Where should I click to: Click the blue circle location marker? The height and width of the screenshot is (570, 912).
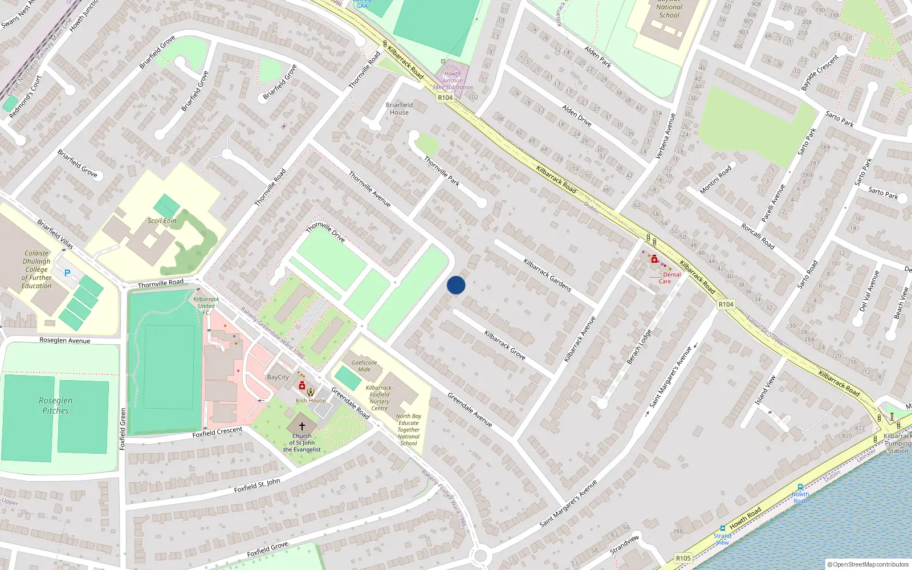pyautogui.click(x=456, y=285)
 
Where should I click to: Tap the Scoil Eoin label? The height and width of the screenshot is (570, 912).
pyautogui.click(x=162, y=221)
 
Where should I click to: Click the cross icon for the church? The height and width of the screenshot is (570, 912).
pyautogui.click(x=302, y=426)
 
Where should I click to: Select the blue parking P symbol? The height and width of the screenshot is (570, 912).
pyautogui.click(x=67, y=273)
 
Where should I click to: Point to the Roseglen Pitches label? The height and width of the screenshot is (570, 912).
pyautogui.click(x=55, y=405)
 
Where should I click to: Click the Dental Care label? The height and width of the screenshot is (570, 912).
pyautogui.click(x=669, y=278)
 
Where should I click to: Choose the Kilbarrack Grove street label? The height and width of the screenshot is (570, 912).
pyautogui.click(x=504, y=345)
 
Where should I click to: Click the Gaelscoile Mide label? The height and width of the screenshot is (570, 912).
pyautogui.click(x=364, y=366)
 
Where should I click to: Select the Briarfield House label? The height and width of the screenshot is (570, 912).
pyautogui.click(x=399, y=108)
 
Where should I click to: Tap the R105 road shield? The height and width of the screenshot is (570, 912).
pyautogui.click(x=683, y=558)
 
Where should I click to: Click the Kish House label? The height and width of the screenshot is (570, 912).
pyautogui.click(x=311, y=401)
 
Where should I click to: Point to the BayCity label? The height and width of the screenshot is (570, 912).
pyautogui.click(x=278, y=377)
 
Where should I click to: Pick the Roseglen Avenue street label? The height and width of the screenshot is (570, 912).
pyautogui.click(x=65, y=340)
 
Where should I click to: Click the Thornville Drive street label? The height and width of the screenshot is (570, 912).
pyautogui.click(x=325, y=232)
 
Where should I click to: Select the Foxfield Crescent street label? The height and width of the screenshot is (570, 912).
pyautogui.click(x=217, y=432)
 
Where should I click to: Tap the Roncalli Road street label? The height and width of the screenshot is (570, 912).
pyautogui.click(x=758, y=235)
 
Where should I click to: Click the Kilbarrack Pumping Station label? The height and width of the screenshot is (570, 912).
pyautogui.click(x=898, y=443)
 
